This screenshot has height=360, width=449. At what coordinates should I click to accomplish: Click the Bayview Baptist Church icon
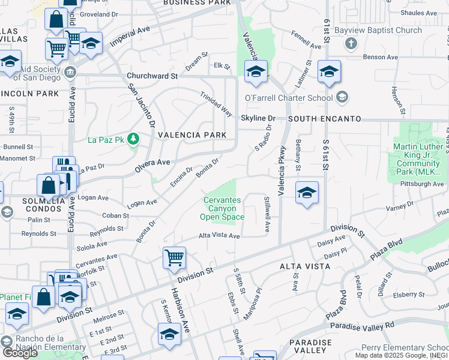[x=352, y=44]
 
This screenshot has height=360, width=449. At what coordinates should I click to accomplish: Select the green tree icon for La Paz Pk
[x=133, y=140]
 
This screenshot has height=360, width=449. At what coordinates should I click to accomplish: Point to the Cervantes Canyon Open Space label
[x=223, y=208]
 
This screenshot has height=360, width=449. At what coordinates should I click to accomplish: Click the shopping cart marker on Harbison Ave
[x=174, y=258]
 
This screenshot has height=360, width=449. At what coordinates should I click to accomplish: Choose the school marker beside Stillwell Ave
[x=307, y=193]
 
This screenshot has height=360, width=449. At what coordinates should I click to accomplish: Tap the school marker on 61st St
[x=329, y=72]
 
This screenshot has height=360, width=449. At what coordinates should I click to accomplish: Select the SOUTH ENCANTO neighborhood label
[x=324, y=119]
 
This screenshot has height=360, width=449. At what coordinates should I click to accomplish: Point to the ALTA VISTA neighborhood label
[x=304, y=265]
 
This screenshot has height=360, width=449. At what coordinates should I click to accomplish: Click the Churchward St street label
[x=152, y=76]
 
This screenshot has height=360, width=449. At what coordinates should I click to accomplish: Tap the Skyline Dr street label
[x=258, y=119]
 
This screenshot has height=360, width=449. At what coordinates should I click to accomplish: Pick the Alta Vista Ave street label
[x=220, y=236]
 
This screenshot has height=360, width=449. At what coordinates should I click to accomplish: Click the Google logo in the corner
[x=20, y=353]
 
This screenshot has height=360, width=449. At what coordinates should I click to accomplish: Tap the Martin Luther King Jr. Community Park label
[x=418, y=159]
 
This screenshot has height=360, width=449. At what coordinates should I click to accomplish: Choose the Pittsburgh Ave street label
[x=422, y=184]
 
